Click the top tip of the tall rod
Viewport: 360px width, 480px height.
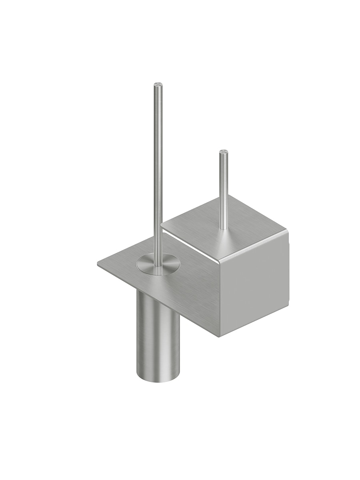(x=158, y=85)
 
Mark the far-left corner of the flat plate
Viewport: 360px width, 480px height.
(x=98, y=264)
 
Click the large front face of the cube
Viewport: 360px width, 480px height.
(x=254, y=292)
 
